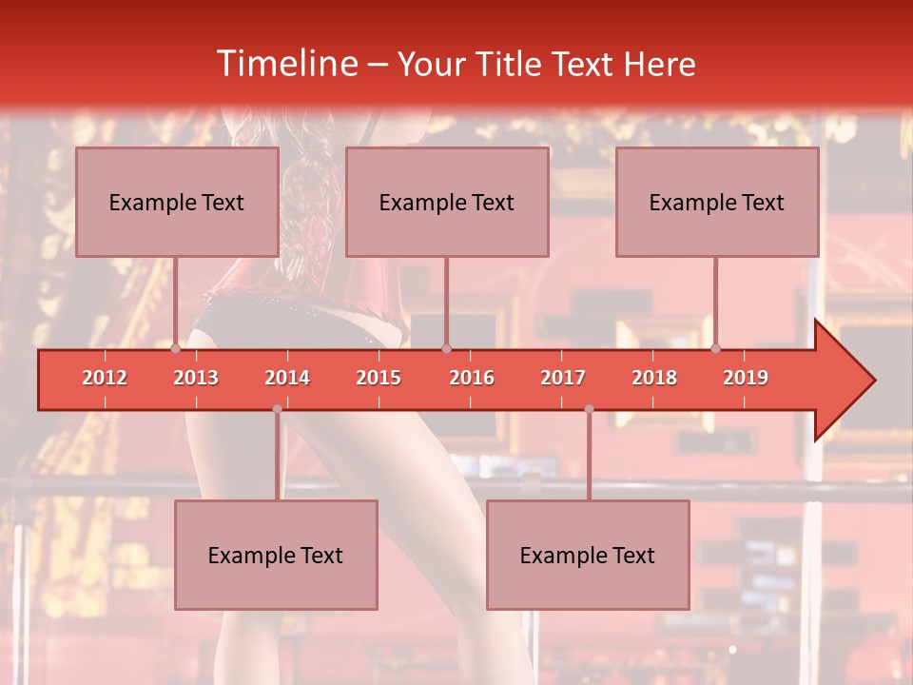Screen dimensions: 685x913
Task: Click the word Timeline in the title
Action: [285, 64]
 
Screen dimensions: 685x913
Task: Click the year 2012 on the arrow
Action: [105, 378]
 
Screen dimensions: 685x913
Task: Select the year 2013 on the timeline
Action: [196, 378]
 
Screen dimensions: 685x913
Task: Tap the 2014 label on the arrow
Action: [287, 378]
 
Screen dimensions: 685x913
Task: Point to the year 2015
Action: [379, 378]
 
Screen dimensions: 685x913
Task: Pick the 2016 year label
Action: [472, 378]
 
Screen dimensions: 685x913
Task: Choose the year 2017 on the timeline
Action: [563, 378]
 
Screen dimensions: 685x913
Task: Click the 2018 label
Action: [654, 378]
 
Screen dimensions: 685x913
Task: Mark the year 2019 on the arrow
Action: [746, 378]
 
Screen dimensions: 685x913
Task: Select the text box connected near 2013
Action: [177, 202]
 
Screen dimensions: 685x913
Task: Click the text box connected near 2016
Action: [447, 202]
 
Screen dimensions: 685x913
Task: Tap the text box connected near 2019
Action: [717, 202]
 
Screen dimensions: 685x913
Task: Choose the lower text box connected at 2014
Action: [276, 555]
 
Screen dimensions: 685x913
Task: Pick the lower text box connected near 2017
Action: [588, 555]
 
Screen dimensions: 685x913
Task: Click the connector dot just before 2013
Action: [176, 348]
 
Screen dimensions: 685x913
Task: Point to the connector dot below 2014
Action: [277, 409]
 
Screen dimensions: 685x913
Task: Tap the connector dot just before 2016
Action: [446, 348]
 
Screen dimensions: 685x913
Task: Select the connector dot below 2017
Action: [589, 409]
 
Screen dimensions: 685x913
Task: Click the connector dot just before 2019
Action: [716, 348]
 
